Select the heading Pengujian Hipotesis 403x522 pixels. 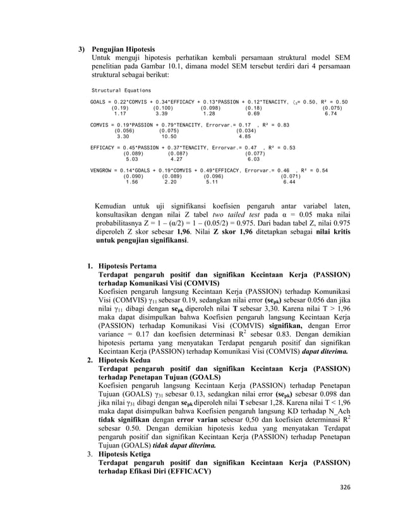(123, 49)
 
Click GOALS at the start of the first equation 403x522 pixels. (97, 102)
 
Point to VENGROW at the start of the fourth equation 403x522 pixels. (101, 170)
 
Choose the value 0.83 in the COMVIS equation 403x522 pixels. (283, 124)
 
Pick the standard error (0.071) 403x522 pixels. (291, 176)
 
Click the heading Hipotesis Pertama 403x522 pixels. (129, 266)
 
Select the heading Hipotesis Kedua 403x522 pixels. (127, 359)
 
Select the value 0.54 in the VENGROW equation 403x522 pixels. (322, 170)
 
